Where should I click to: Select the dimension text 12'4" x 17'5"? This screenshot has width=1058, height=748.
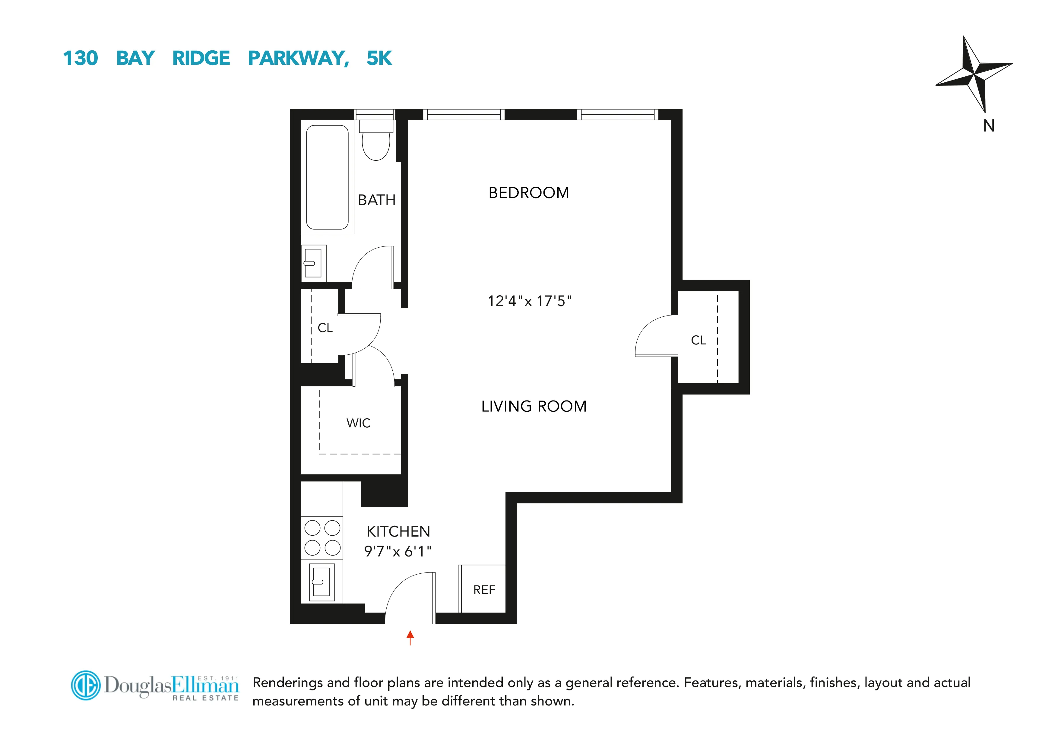(530, 301)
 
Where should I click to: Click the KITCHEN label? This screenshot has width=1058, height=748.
(398, 531)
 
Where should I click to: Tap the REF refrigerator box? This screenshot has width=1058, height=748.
(484, 589)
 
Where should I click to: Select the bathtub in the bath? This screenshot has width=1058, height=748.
(327, 177)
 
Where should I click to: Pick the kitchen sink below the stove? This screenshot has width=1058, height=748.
(321, 582)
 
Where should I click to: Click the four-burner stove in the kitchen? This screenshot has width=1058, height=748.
(322, 538)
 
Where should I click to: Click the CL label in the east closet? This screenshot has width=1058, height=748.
(698, 341)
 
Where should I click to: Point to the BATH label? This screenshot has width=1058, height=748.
(376, 200)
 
